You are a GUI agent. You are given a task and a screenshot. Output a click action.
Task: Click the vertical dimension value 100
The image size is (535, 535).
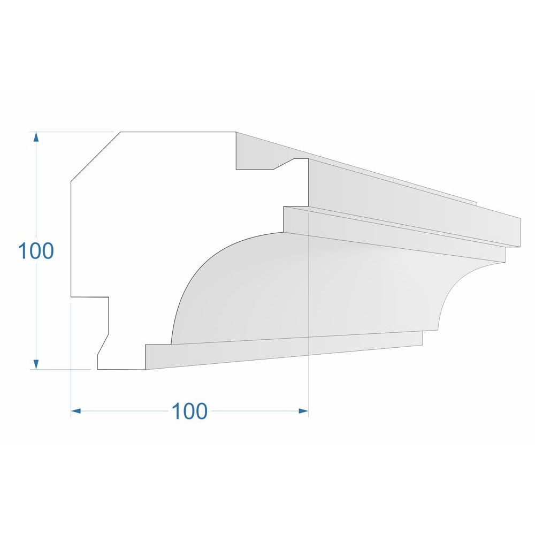36,251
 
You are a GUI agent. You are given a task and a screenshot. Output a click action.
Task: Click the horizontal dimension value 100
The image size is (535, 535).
189,411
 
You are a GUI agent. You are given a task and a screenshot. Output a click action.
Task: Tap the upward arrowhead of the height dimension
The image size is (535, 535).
36,136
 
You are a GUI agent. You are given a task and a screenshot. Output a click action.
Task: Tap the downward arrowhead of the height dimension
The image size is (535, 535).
36,364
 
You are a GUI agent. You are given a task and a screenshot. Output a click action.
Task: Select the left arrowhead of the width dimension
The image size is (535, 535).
76,411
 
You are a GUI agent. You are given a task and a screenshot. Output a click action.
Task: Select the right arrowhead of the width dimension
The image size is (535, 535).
303,411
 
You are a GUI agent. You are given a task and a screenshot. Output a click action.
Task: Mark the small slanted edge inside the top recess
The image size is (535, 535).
283,164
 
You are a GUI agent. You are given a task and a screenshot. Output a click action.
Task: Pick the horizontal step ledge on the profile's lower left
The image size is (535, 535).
90,297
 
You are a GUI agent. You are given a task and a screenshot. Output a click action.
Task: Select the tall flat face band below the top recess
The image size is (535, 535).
407,198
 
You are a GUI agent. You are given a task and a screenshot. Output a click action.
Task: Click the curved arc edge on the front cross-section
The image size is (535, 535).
195,278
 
